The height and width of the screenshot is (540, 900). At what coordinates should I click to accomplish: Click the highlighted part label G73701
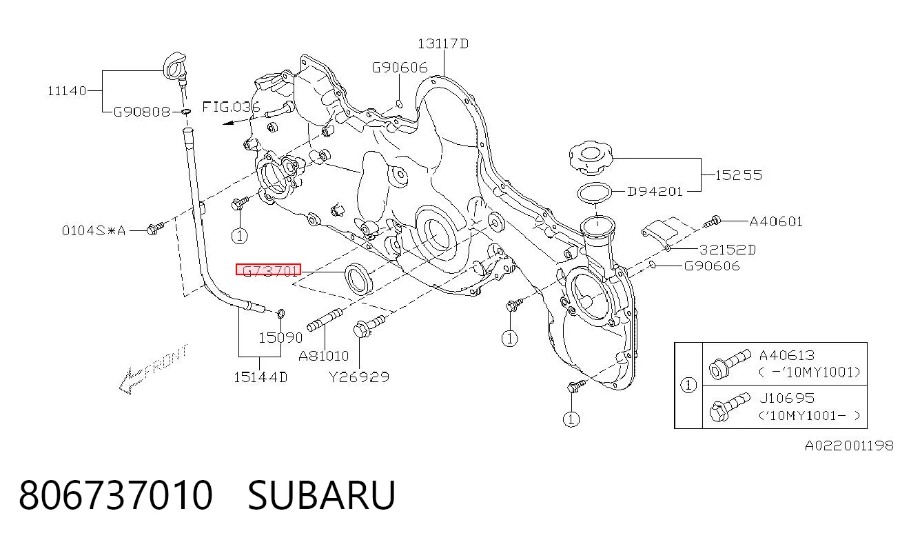(268, 270)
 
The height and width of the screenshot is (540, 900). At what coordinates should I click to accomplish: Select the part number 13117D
(443, 43)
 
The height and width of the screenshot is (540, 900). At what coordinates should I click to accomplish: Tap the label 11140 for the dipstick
(67, 91)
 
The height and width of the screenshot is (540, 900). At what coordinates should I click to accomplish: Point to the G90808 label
(142, 111)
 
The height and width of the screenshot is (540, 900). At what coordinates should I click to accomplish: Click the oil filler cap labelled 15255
(591, 157)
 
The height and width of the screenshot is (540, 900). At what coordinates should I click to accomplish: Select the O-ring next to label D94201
(595, 193)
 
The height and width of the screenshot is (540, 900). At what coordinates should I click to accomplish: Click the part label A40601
(776, 221)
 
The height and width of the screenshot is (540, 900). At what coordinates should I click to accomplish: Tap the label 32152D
(728, 250)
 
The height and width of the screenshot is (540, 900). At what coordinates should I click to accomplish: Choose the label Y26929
(359, 377)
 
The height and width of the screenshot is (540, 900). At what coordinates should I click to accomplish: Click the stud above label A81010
(325, 320)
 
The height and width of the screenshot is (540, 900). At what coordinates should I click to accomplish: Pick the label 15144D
(260, 377)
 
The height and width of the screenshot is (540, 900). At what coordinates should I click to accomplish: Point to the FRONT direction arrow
(153, 370)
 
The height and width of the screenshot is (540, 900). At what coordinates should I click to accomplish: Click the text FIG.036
(231, 107)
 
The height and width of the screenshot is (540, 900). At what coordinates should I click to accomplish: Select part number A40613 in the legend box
(787, 355)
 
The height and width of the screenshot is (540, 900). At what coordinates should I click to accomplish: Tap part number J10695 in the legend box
(787, 398)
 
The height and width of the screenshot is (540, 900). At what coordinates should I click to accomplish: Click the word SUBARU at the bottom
(321, 495)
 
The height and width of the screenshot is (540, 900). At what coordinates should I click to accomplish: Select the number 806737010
(116, 495)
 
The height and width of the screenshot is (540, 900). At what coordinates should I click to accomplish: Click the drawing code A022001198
(850, 446)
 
